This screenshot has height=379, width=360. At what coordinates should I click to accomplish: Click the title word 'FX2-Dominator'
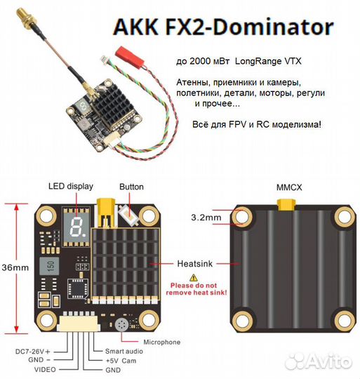249,27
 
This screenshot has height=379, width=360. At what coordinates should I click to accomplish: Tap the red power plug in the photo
130,58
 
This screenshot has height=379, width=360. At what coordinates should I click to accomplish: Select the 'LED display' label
71,187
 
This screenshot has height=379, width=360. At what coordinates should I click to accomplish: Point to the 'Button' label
131,187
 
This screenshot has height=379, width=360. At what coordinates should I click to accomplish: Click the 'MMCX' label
289,187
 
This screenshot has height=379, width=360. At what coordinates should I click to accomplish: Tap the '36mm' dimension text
15,267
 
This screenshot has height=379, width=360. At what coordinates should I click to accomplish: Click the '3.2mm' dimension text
206,218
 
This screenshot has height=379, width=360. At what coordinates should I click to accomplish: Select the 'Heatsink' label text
195,264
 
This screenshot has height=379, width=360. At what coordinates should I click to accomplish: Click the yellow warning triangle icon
193,278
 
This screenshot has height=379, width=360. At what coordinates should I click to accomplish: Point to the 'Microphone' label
162,342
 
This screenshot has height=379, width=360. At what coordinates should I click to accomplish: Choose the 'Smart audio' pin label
124,351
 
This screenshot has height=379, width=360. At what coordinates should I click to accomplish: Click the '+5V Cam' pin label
121,361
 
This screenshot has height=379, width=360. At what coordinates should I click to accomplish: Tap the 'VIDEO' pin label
45,370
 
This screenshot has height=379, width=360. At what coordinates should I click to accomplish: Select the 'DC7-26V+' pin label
33,352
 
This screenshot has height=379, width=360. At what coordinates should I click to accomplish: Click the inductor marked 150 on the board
49,266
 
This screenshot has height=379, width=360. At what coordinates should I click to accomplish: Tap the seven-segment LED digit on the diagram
76,227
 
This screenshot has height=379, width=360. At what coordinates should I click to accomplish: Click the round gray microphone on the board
121,325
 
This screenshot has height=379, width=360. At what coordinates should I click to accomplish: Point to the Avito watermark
318,361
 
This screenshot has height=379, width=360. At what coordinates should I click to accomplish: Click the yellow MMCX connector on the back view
286,205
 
